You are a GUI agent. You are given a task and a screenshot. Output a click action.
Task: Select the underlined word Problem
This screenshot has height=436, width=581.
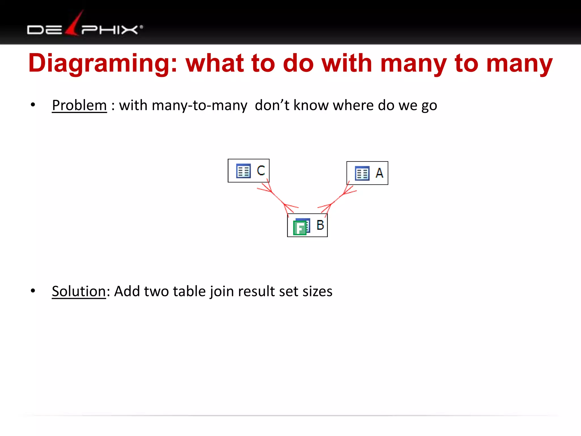tap(79, 106)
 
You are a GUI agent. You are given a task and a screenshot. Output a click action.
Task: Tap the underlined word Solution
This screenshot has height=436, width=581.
tap(79, 292)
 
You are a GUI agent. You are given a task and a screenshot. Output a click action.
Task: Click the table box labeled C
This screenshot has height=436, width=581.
tap(249, 171)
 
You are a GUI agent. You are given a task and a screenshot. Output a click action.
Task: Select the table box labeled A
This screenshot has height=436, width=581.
tap(367, 173)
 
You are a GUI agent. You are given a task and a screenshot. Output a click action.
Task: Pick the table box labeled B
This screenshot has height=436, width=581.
tap(307, 225)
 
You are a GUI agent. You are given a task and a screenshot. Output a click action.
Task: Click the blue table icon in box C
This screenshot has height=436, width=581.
tap(243, 171)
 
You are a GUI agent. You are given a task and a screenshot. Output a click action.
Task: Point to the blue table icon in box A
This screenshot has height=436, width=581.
tap(362, 173)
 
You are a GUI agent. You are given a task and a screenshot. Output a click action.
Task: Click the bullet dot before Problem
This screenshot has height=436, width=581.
tap(33, 105)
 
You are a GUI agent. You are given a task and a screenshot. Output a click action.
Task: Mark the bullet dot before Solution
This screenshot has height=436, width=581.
tap(33, 291)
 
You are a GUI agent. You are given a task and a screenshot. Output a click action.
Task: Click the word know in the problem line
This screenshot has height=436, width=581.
tap(311, 106)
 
